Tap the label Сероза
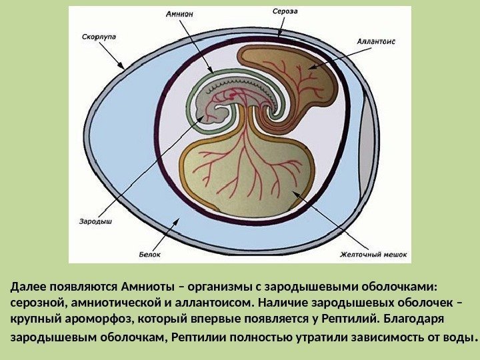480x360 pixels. pos(284,11)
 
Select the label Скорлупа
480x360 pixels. pos(97,37)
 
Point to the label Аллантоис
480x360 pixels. pos(376,41)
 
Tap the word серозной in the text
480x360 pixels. pos(37,302)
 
